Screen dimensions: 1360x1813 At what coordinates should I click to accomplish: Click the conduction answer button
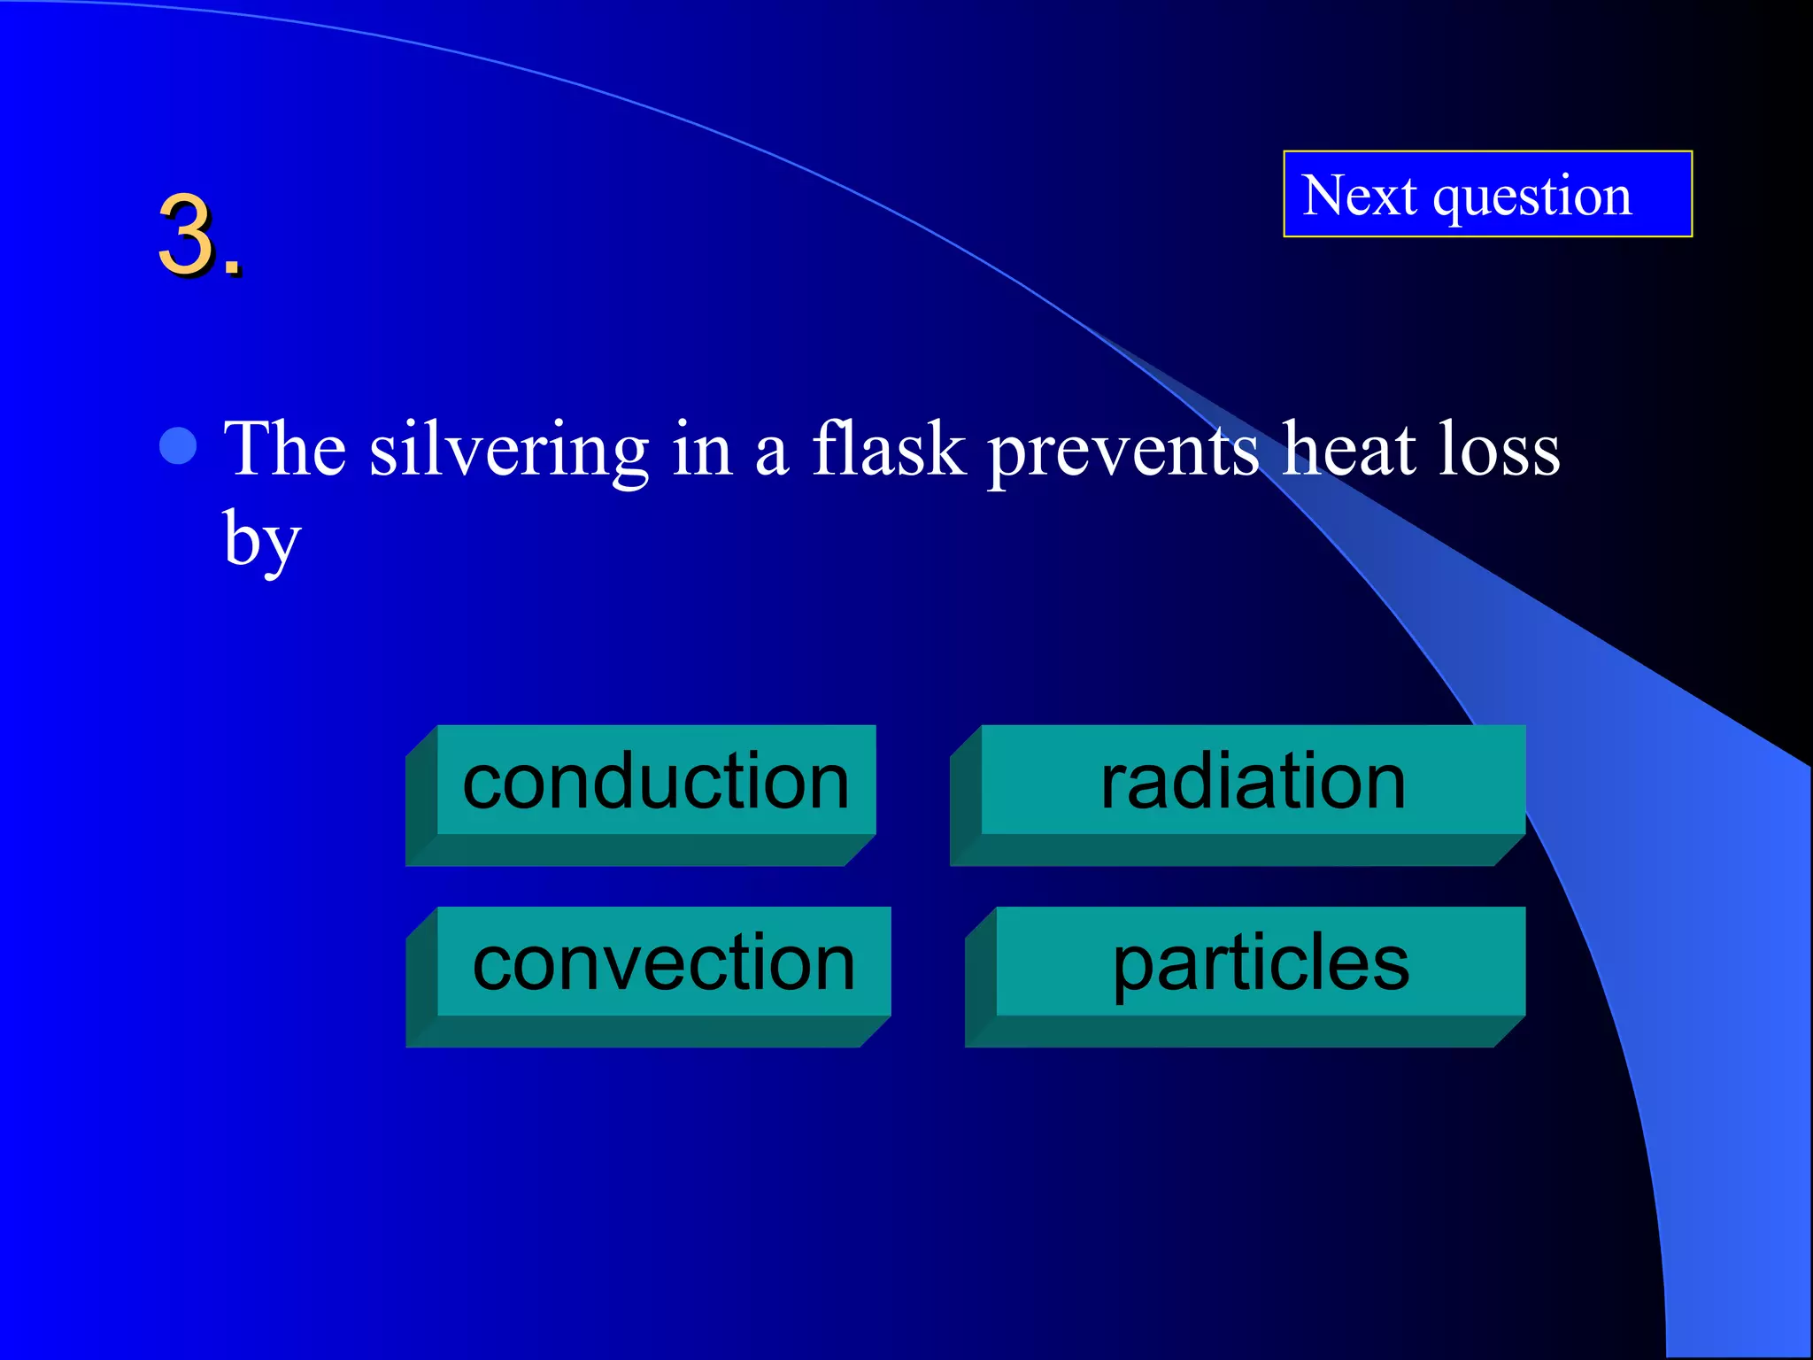(x=656, y=780)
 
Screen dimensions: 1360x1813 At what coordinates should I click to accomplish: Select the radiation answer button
(x=1253, y=780)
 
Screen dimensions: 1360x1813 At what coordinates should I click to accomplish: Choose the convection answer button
(x=664, y=962)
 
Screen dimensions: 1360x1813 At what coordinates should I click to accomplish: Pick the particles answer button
(x=1261, y=962)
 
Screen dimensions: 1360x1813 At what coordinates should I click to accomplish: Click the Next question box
(x=1487, y=194)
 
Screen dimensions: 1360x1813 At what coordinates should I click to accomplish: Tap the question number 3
(x=188, y=236)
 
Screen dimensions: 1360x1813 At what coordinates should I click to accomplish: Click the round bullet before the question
(x=178, y=446)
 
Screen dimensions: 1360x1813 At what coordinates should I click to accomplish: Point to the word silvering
(x=509, y=450)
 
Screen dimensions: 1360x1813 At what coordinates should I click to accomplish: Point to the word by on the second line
(x=261, y=540)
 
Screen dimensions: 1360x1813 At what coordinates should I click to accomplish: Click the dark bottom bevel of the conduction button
(x=637, y=851)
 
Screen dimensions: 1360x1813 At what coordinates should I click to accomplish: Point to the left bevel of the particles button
(x=981, y=977)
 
